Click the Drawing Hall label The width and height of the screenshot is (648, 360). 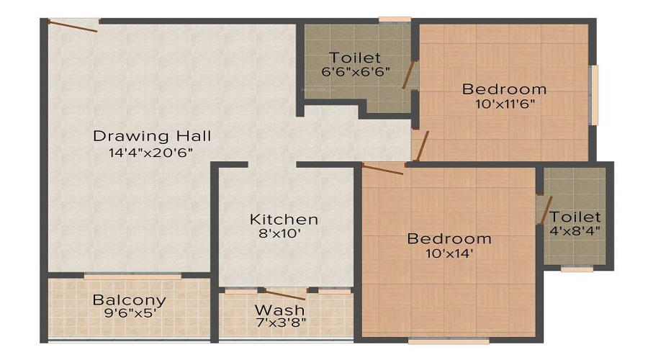[x=152, y=136]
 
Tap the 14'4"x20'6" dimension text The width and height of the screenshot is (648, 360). [x=151, y=153]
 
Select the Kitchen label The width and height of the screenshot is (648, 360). [x=284, y=219]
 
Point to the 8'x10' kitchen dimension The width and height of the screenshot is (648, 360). [x=280, y=234]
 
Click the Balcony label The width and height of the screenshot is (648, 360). [x=130, y=300]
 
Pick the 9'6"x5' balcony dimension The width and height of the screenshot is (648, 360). [x=130, y=313]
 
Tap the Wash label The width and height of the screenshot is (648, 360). [x=280, y=310]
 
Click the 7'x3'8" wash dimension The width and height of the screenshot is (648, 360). [x=281, y=323]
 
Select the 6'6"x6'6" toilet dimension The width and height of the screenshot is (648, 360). [x=356, y=71]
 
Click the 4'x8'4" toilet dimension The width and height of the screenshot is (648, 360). [x=575, y=230]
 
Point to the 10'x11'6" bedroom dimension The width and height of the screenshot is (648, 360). [x=505, y=104]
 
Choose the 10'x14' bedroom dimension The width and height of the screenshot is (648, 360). [x=449, y=253]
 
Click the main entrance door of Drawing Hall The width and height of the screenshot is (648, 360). [x=73, y=24]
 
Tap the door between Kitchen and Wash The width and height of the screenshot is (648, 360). [x=285, y=294]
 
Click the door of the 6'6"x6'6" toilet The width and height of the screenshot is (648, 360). [x=409, y=74]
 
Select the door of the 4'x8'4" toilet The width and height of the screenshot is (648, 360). [x=546, y=210]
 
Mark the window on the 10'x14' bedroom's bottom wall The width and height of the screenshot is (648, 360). [x=449, y=341]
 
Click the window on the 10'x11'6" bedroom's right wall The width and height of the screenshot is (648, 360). [x=593, y=94]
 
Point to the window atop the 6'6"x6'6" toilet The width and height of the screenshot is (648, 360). [x=395, y=19]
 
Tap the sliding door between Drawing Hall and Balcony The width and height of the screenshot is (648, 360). [x=132, y=276]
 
